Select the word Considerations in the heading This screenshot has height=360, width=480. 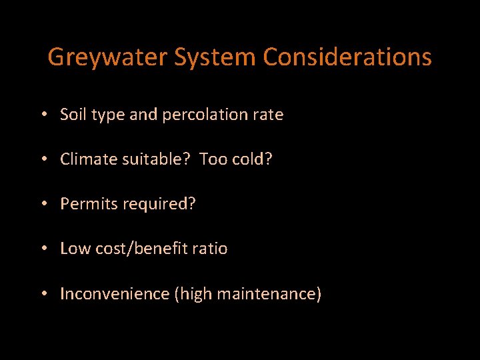tap(347, 57)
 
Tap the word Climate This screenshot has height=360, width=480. tap(87, 159)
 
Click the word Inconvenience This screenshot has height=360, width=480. tap(115, 293)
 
